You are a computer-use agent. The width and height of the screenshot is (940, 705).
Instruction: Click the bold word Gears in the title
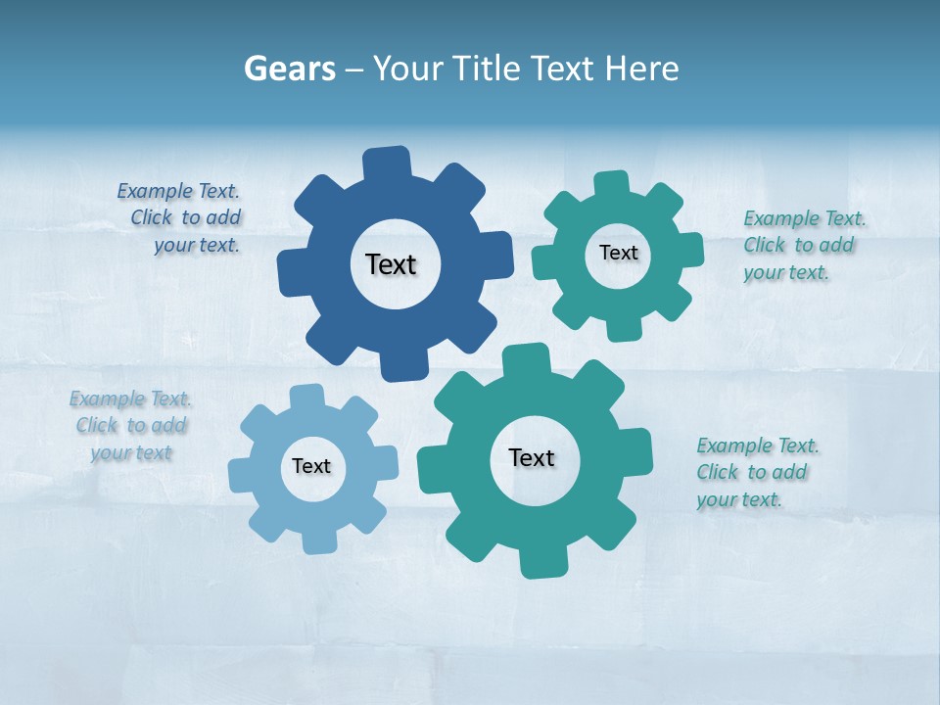coord(289,70)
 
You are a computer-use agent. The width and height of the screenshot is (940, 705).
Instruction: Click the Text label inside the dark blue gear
coord(391,264)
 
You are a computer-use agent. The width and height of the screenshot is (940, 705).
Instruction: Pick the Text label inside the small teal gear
coord(619,253)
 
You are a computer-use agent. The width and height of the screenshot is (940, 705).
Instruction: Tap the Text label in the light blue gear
coord(311,466)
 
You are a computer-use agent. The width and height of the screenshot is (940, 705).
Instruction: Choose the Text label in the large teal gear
coord(532,457)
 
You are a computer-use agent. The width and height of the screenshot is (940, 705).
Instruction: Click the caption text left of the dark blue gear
coord(180,218)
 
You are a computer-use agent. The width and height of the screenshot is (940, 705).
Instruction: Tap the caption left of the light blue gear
coord(130,426)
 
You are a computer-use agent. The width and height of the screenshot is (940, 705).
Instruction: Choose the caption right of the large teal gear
coord(757,473)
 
